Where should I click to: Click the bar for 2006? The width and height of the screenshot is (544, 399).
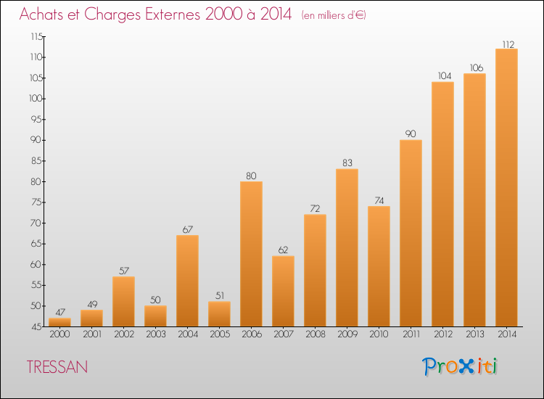[251, 254]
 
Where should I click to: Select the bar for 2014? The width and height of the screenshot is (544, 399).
[506, 188]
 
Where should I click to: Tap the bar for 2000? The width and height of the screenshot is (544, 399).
[59, 322]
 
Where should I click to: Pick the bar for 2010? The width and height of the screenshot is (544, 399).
[379, 266]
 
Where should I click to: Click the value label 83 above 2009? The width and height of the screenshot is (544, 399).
[347, 163]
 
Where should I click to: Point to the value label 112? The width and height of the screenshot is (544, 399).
[508, 44]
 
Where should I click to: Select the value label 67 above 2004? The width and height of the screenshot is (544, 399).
[188, 229]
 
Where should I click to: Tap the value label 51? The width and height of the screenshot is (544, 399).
[220, 295]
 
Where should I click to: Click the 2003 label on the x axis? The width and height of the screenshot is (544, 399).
[156, 334]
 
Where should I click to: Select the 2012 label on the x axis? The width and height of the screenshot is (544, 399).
[443, 334]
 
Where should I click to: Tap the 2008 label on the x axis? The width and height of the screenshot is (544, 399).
[316, 334]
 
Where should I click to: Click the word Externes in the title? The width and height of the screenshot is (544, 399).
[173, 14]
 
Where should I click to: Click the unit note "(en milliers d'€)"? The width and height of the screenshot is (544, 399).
[334, 15]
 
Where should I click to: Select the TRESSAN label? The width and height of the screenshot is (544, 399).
[57, 367]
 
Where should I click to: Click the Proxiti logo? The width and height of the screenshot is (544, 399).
[460, 366]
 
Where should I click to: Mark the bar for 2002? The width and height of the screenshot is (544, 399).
[123, 302]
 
